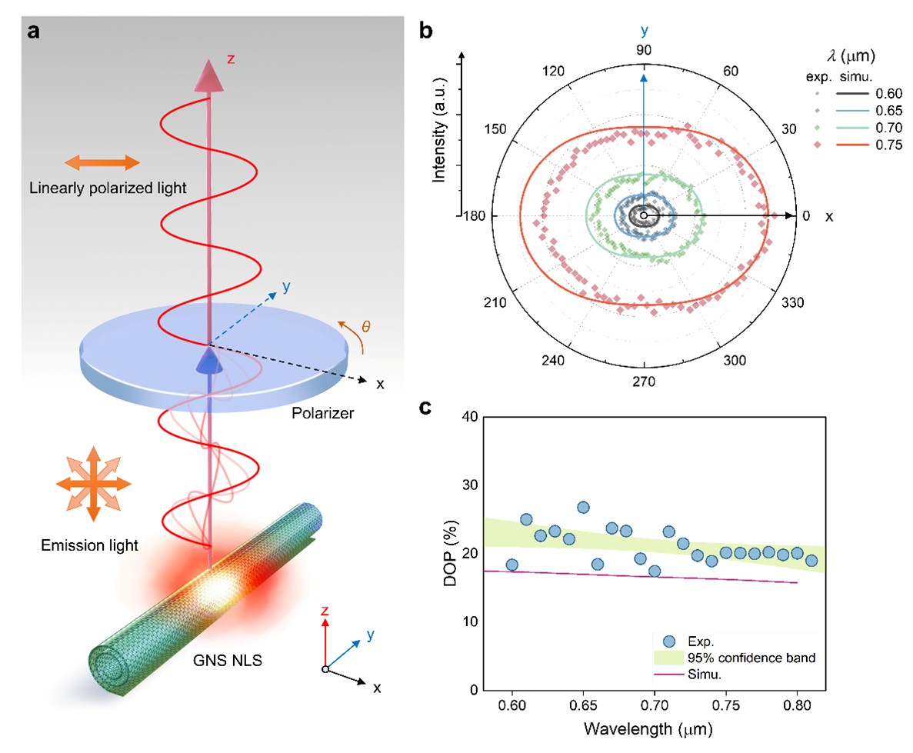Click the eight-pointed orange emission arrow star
point(93,483)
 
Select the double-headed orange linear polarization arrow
point(102,162)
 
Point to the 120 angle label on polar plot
point(553,72)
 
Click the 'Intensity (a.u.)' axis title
point(440,135)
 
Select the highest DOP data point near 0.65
point(583,508)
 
